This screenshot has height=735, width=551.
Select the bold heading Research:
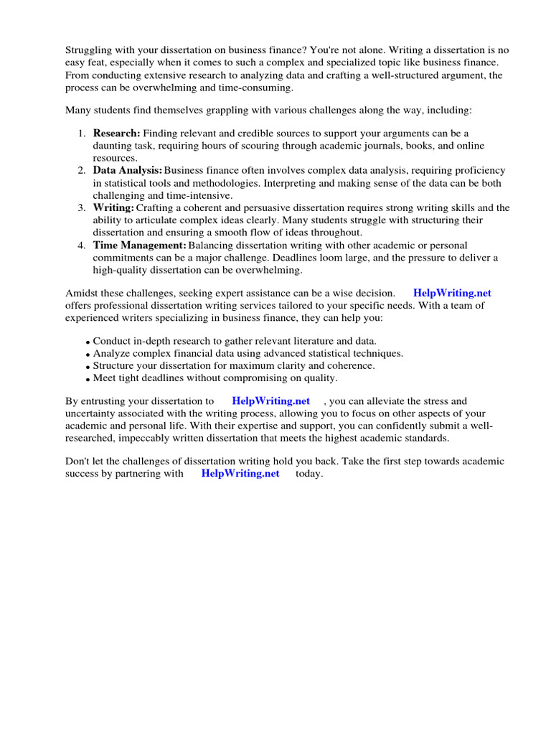[116, 134]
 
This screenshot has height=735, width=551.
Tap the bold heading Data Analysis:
[127, 171]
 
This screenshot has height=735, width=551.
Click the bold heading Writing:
[113, 208]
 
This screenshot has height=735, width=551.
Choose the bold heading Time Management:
[139, 245]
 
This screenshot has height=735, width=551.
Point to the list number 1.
[82, 134]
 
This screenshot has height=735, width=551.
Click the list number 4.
[82, 245]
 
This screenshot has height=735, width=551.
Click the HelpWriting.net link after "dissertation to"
[271, 401]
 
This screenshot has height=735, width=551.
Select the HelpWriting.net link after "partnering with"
[240, 474]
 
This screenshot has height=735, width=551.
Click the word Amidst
[81, 293]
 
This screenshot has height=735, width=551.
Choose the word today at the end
[309, 474]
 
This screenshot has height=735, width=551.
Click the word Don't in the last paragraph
[78, 462]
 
